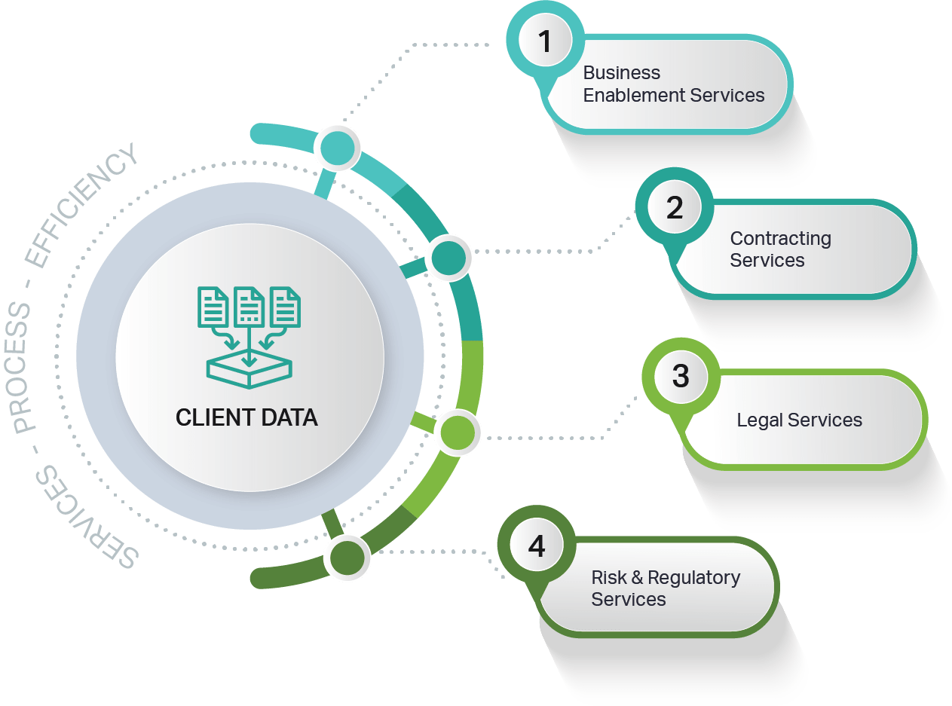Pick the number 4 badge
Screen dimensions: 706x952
(x=537, y=546)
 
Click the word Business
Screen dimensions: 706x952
(x=622, y=73)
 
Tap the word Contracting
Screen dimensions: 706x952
(x=781, y=239)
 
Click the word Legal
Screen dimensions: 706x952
(x=761, y=420)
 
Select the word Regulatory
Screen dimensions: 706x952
(x=694, y=578)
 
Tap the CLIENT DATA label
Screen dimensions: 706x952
(x=246, y=417)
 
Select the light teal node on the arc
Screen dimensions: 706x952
(x=336, y=148)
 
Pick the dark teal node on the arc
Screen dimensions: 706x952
(x=448, y=258)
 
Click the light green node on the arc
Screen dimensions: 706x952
(x=458, y=432)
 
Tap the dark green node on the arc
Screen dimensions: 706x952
(x=347, y=558)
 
